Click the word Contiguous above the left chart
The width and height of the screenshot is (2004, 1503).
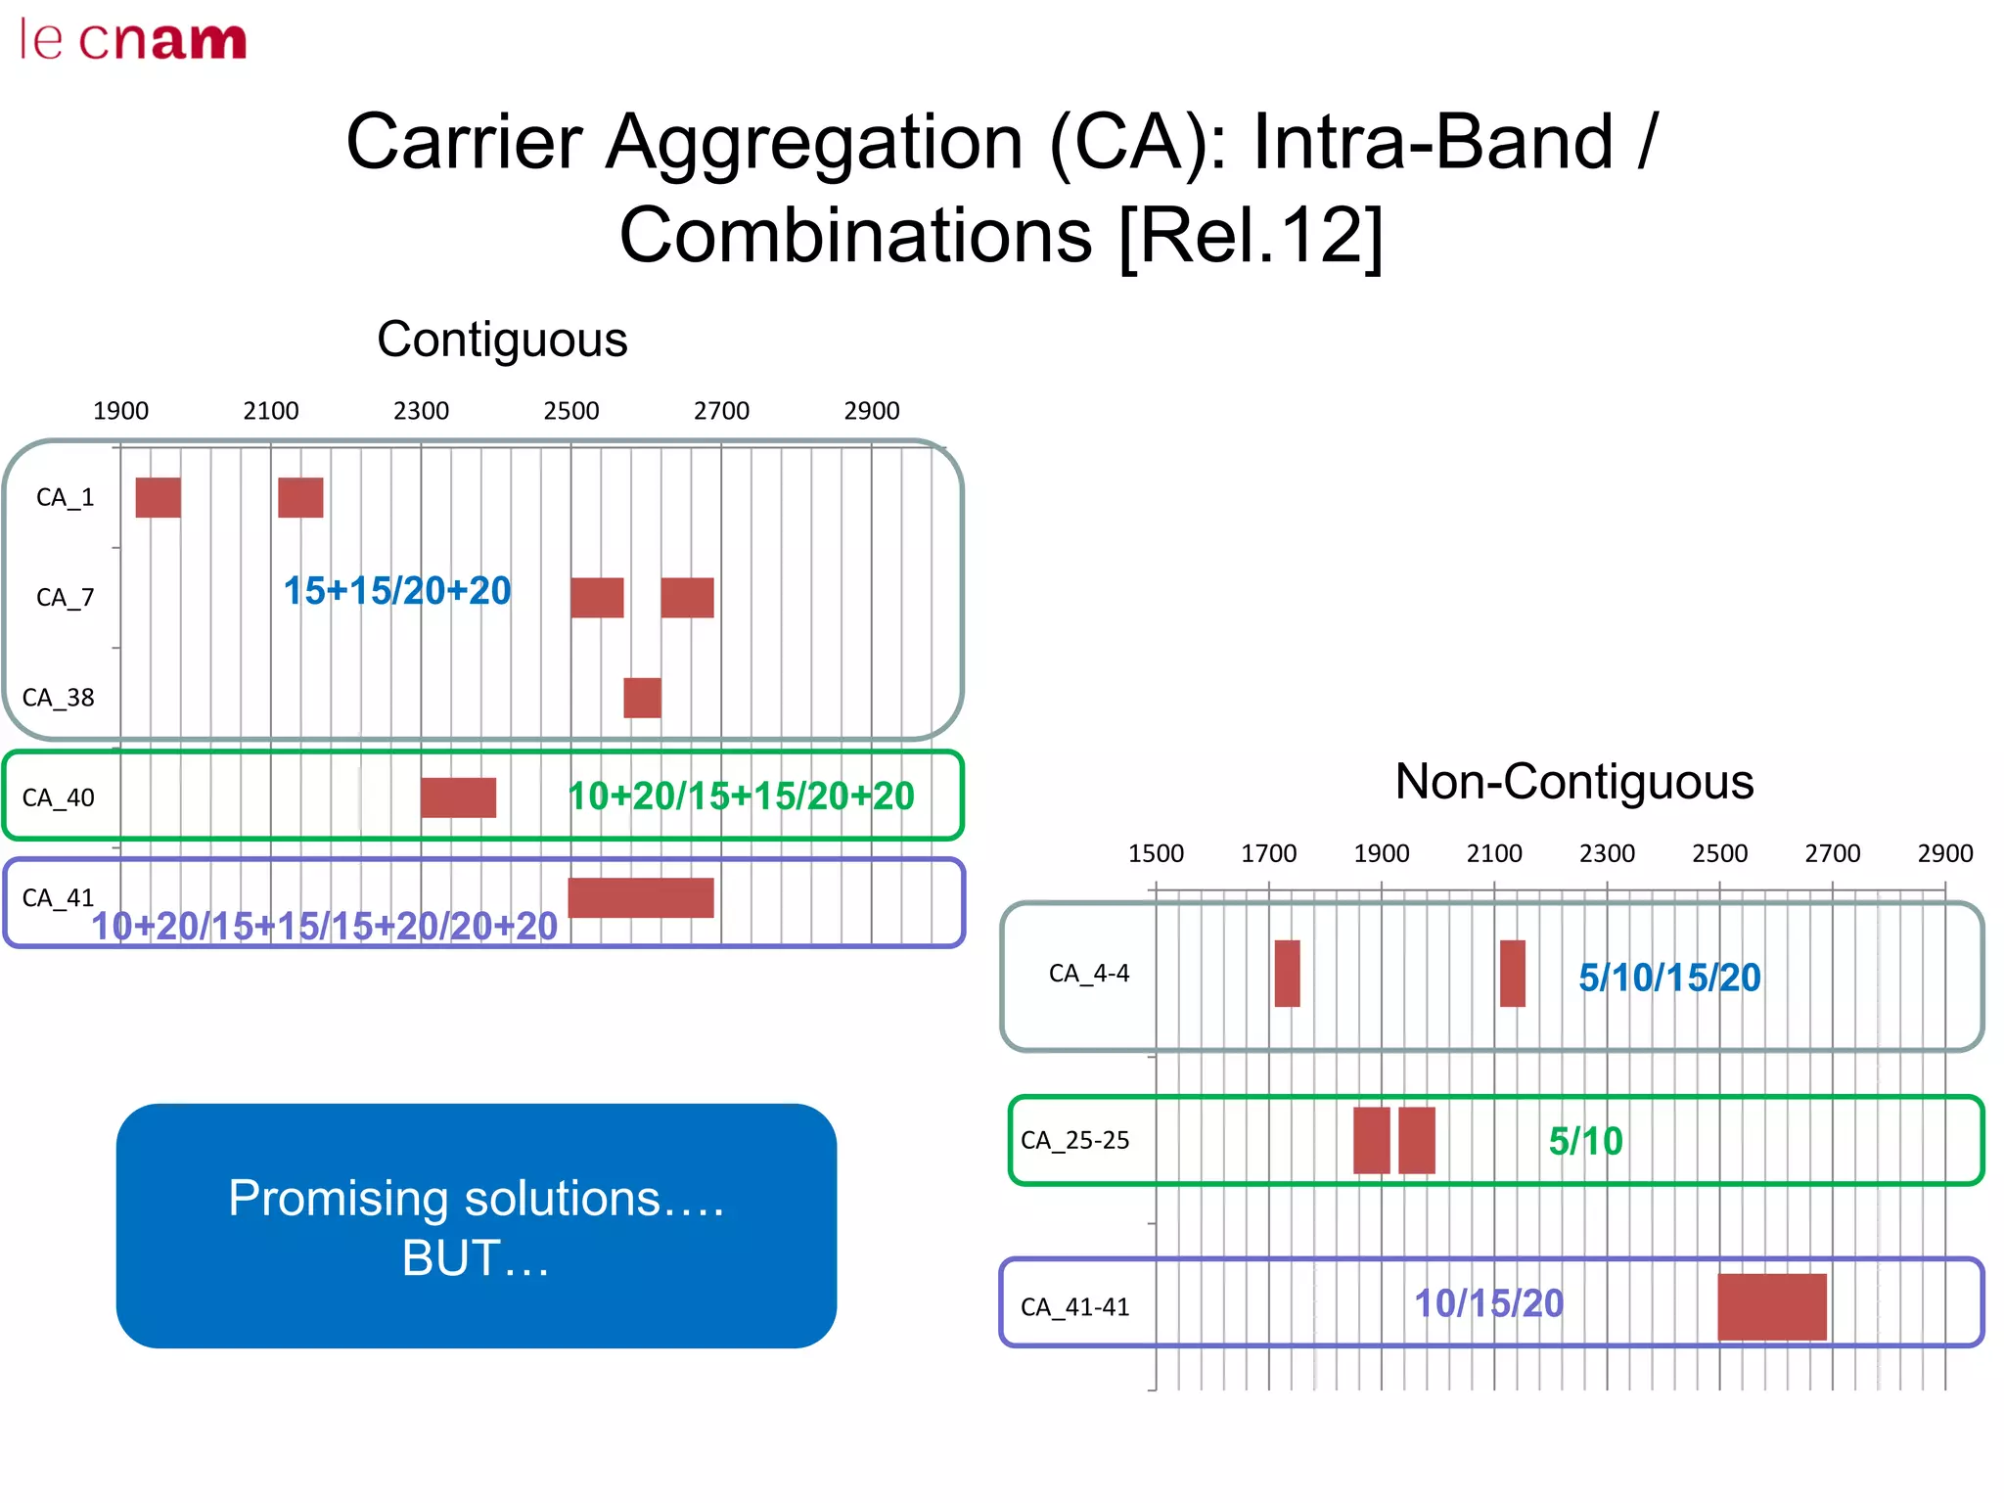point(502,340)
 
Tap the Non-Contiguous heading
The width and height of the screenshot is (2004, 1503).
point(1573,782)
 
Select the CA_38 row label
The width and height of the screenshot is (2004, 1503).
point(59,698)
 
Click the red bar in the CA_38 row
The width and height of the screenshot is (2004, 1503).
point(642,698)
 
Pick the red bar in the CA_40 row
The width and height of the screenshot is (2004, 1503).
point(458,797)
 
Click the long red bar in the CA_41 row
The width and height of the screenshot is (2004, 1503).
point(641,897)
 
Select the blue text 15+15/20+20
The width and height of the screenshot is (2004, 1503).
point(397,591)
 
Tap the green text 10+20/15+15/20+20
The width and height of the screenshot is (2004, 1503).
point(741,797)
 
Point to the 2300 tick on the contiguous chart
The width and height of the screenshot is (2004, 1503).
point(421,411)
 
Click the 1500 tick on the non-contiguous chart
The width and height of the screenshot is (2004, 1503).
point(1156,853)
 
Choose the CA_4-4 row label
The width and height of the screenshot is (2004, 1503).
point(1088,974)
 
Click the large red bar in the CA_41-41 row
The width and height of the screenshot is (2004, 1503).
point(1772,1306)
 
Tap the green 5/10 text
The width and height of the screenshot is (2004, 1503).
point(1585,1141)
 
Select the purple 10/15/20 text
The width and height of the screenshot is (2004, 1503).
point(1488,1303)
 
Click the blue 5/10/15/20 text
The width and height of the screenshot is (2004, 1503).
point(1669,978)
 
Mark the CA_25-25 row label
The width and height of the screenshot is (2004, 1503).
point(1074,1141)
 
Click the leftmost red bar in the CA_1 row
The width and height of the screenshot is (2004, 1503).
point(159,497)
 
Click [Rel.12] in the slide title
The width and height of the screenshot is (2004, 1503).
point(1250,236)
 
